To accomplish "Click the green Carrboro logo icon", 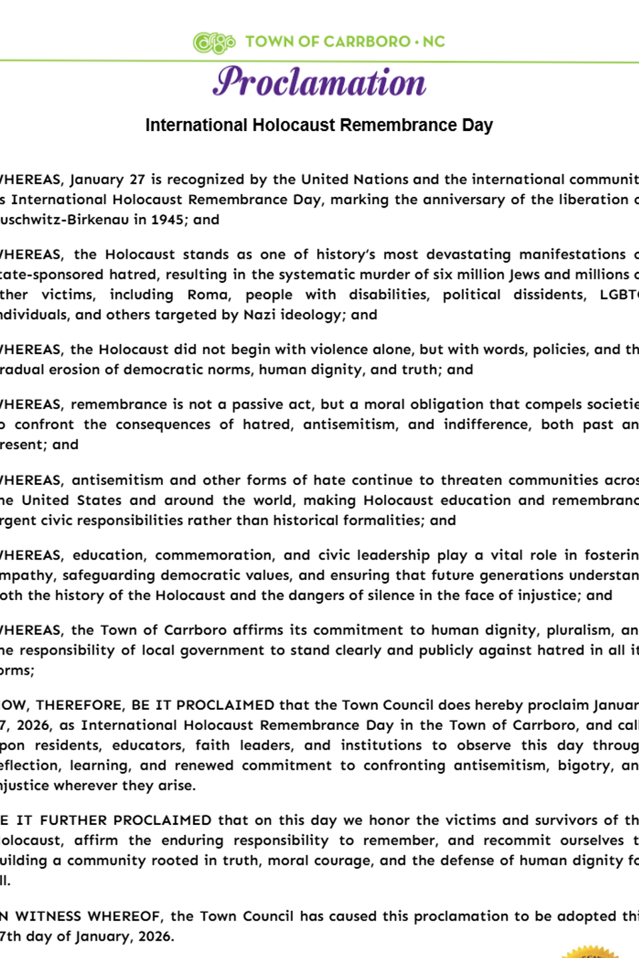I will pyautogui.click(x=214, y=43).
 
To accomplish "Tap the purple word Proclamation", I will pyautogui.click(x=319, y=82).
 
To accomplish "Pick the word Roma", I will pyautogui.click(x=209, y=295).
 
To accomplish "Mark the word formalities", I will pyautogui.click(x=382, y=520).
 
